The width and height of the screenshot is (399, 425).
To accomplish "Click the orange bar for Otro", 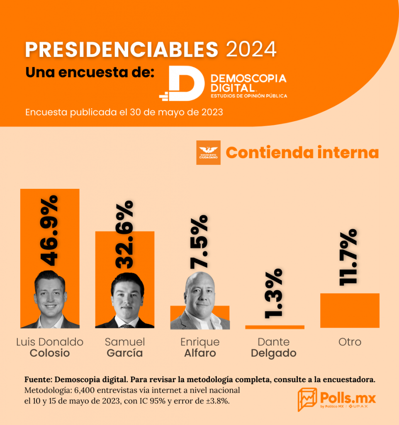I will (350, 310).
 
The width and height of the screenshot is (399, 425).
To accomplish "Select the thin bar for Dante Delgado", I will (275, 327).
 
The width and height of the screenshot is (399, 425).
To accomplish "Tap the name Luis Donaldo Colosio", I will (50, 347).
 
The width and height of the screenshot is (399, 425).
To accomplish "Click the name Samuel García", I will (124, 347).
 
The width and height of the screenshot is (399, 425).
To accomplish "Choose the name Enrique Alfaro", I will (199, 347).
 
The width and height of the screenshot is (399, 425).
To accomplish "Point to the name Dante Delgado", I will (274, 347).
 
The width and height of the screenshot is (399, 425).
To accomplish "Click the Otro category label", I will (349, 342).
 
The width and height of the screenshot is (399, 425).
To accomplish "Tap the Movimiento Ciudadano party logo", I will (208, 153).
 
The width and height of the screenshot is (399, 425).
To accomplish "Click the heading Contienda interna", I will (302, 152).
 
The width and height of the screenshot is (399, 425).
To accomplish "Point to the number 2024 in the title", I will (251, 50).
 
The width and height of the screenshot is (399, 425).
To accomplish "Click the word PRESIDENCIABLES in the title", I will (122, 50).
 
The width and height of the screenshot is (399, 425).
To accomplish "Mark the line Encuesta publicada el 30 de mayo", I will (124, 112).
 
